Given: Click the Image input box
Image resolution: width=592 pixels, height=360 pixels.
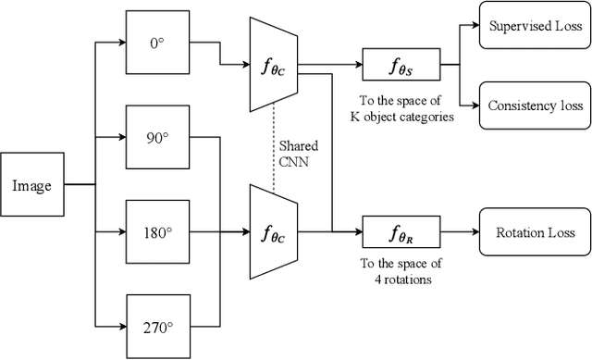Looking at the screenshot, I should coord(31,185).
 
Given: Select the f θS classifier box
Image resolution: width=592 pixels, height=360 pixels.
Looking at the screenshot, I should coord(401,66).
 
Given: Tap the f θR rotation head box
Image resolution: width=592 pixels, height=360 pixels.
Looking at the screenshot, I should coord(401,232).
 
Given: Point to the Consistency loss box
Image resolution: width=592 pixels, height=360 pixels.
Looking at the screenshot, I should coord(534,106).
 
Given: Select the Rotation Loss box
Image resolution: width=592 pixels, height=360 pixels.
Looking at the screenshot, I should coord(534,232).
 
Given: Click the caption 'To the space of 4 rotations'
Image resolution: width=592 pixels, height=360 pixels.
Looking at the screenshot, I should coord(400,269).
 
